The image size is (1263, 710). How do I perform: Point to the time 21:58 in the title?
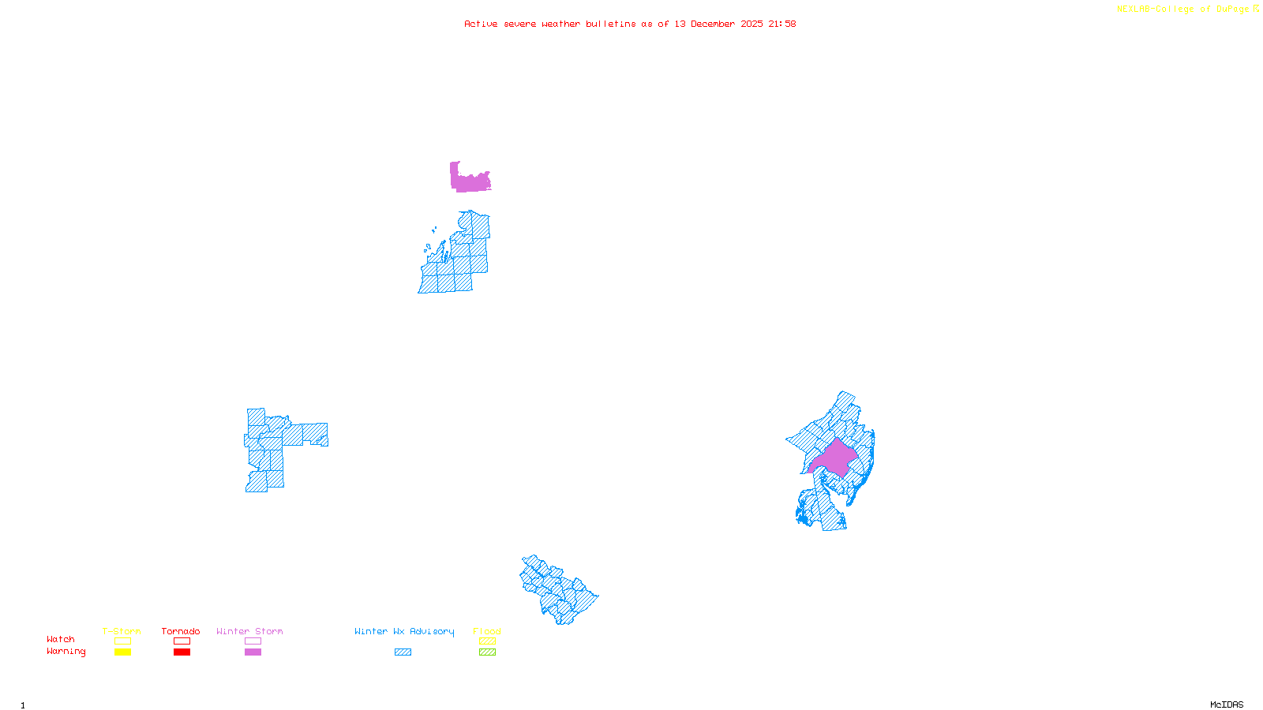tap(781, 24)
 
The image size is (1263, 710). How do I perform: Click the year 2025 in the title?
tap(751, 24)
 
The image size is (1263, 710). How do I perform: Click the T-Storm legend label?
tap(122, 631)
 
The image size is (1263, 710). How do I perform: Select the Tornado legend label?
tap(181, 631)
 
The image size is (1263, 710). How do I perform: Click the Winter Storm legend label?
tap(249, 631)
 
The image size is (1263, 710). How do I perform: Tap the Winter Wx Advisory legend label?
tap(404, 631)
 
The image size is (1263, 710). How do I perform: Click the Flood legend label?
tap(487, 631)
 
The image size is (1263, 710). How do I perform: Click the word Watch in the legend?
tap(61, 639)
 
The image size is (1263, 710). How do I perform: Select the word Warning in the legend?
tap(66, 652)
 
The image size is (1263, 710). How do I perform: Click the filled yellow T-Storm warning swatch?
tap(122, 652)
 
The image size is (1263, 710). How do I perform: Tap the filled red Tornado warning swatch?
tap(182, 652)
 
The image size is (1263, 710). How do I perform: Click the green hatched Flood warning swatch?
tap(487, 652)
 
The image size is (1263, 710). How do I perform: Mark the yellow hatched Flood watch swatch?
tap(487, 641)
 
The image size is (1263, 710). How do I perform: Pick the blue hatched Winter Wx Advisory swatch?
tap(403, 652)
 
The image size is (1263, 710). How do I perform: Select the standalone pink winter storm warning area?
tap(470, 181)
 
